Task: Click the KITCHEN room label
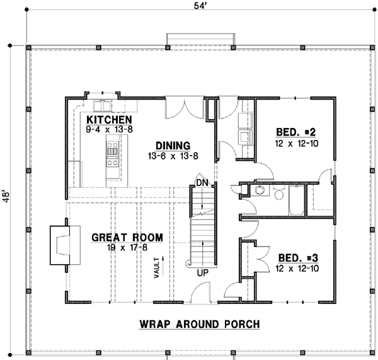coord(109,120)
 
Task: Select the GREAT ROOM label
coord(127,238)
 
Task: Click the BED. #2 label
coord(295,132)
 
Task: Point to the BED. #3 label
coord(295,258)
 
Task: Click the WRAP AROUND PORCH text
coord(199,325)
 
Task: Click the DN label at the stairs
coord(201,182)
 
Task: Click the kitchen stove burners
coord(112,154)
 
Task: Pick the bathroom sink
coord(259,191)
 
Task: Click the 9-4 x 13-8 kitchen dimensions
coord(109,129)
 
